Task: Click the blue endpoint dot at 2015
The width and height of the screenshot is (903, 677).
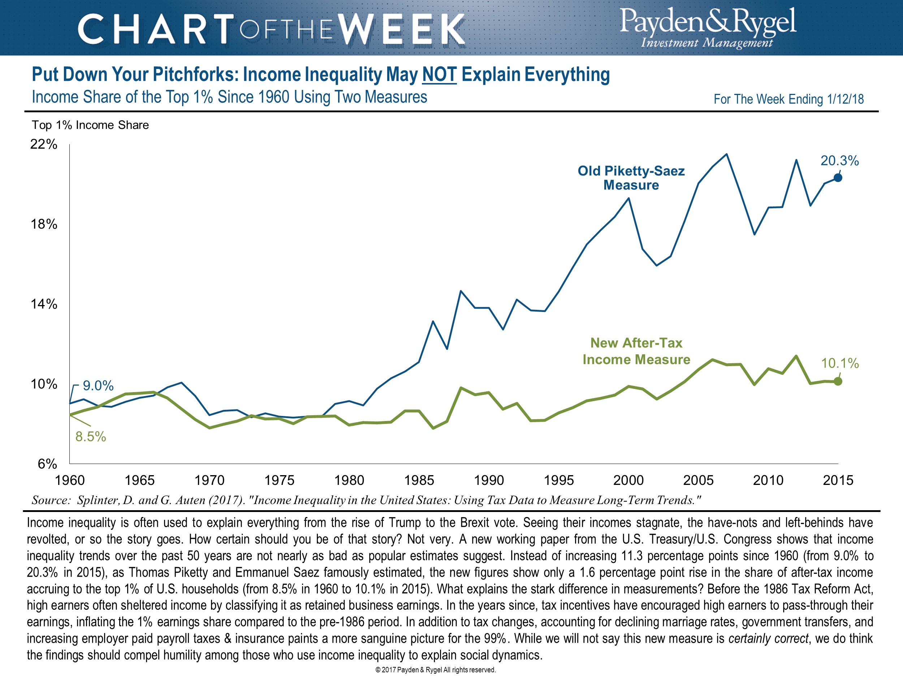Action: point(838,178)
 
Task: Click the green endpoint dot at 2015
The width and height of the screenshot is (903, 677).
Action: point(838,381)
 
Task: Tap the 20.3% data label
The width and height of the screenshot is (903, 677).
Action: point(839,161)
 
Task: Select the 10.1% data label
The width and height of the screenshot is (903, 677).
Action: point(839,363)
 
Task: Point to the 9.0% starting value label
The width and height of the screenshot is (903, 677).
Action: point(98,386)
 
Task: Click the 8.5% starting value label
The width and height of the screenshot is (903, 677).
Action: point(91,437)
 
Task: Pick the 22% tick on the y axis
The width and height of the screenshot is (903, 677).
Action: point(44,144)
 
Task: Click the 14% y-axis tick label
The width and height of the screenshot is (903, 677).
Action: point(44,304)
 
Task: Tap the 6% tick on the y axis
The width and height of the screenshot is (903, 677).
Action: point(47,464)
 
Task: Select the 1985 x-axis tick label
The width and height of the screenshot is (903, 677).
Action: point(419,480)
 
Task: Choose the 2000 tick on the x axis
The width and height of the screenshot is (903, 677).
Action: point(628,480)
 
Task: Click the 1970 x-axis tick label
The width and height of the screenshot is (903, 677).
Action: point(209,480)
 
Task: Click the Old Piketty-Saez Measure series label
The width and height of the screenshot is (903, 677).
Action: point(631,178)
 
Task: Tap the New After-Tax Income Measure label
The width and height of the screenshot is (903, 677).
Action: point(636,351)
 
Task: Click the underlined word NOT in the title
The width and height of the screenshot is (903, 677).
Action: point(439,75)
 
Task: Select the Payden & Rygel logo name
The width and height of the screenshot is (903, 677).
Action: point(708,21)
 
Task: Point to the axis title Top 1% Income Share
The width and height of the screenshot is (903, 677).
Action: point(90,125)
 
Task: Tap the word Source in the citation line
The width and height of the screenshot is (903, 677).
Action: point(51,500)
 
